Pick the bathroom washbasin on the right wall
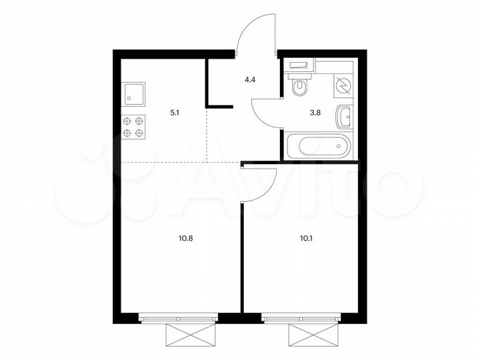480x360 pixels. click(x=345, y=117)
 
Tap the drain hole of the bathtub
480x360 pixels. click(x=339, y=145)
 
